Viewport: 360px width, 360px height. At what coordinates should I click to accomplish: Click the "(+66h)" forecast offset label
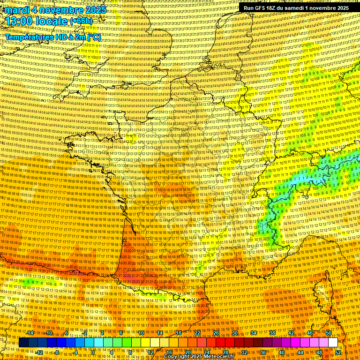click(x=82, y=22)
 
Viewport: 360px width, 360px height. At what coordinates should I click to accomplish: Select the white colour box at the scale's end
click(x=333, y=343)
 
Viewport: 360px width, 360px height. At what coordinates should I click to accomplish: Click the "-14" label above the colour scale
click(x=30, y=333)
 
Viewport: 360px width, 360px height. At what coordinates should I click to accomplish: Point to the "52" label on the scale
click(x=338, y=352)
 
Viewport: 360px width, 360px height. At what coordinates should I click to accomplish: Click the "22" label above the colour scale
click(x=197, y=333)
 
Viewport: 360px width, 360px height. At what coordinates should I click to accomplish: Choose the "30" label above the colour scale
click(x=235, y=333)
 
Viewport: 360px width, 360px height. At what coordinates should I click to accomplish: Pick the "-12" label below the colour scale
click(x=39, y=352)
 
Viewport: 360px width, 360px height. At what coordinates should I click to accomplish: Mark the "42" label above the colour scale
click(x=291, y=333)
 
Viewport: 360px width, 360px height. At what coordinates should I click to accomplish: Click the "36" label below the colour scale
click(x=263, y=352)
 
